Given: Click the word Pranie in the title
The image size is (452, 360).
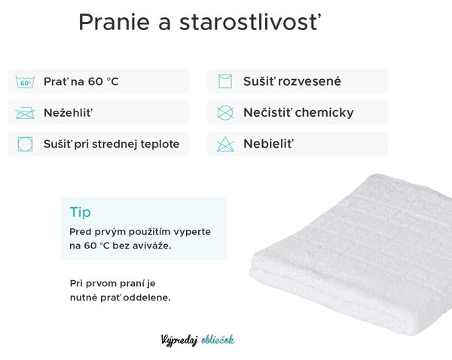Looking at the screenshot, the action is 115,22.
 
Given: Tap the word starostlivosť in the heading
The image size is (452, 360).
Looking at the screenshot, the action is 250,22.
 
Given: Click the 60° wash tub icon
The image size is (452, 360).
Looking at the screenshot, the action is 25,82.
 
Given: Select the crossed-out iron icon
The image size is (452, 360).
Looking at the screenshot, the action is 25,113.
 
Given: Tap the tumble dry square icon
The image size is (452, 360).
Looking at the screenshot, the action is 25,144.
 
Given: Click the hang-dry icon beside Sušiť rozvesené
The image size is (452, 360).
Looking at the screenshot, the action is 225,81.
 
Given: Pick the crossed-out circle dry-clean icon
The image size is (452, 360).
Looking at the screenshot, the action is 225,112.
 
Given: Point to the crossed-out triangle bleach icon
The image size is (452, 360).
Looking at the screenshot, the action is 225,144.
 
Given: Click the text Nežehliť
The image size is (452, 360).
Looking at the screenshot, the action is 69,112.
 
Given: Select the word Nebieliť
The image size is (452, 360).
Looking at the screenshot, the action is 269,144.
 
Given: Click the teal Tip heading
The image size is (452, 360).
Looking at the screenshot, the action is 80,212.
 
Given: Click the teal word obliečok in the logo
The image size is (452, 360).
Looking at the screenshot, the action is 218,340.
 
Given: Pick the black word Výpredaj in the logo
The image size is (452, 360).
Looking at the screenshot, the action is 179,340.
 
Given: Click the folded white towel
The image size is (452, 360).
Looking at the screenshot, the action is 350,255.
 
